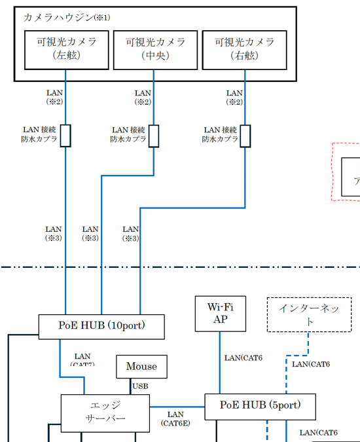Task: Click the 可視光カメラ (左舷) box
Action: click(65, 49)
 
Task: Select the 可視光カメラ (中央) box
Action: click(155, 49)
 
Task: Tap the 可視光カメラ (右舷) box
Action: click(245, 49)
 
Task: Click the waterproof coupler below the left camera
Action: click(65, 136)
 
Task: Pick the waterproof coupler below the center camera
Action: click(154, 136)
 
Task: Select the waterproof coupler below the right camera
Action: click(245, 136)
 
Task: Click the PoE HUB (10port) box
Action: click(101, 325)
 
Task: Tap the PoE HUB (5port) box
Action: click(261, 406)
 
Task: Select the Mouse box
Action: click(142, 367)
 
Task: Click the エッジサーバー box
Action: click(105, 413)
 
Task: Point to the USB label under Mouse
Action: click(141, 386)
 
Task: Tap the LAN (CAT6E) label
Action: click(175, 418)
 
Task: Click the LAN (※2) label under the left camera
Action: click(54, 98)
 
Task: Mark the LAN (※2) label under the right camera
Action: click(234, 98)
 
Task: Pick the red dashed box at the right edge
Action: click(346, 172)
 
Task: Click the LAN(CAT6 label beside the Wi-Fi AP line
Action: click(244, 358)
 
